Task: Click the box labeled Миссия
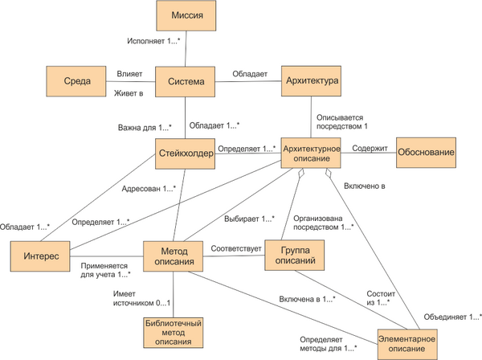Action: [x=186, y=15]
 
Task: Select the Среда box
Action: [x=76, y=81]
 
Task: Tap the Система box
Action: [x=185, y=81]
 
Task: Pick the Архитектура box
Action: [x=311, y=81]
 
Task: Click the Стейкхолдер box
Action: [x=185, y=153]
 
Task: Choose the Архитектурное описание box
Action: [x=311, y=153]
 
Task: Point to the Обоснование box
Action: [x=426, y=153]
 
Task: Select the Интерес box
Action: [x=40, y=256]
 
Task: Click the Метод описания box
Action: [x=173, y=256]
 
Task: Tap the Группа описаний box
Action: [x=295, y=256]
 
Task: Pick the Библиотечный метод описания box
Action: [x=174, y=333]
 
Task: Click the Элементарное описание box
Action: [x=407, y=344]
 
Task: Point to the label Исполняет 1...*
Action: [x=153, y=41]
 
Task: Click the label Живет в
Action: [x=129, y=93]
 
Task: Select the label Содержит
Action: [x=370, y=149]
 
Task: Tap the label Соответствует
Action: [x=235, y=248]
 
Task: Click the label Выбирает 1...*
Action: [x=249, y=219]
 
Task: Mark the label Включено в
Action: [x=364, y=186]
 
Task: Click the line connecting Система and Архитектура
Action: [x=248, y=81]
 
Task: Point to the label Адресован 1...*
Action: [x=149, y=189]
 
